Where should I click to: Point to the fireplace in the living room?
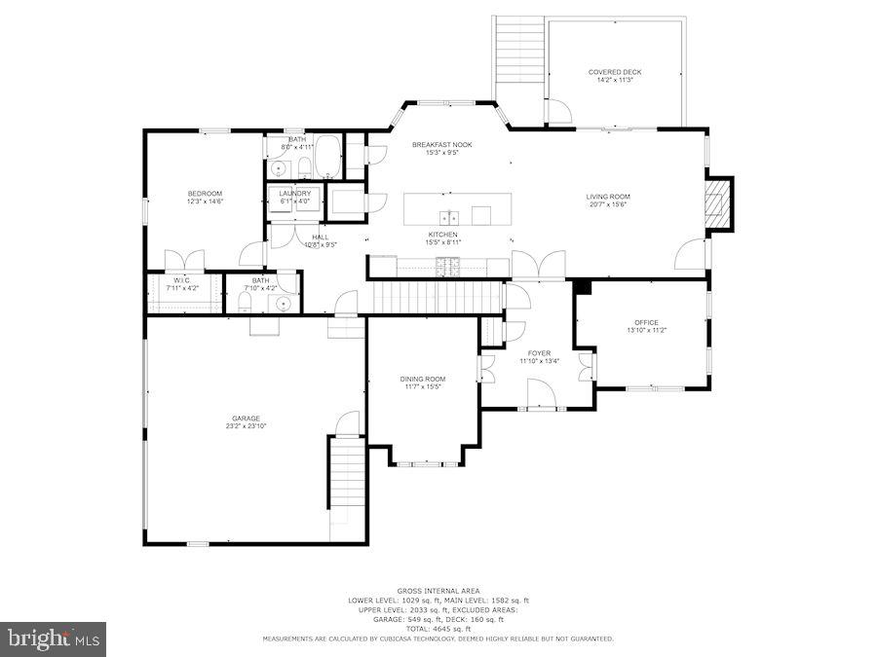tap(718, 202)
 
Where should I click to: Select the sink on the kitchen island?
tap(449, 215)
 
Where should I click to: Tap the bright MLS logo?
tap(55, 639)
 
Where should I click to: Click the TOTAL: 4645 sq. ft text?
tap(438, 628)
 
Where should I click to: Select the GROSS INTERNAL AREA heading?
tap(438, 592)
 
